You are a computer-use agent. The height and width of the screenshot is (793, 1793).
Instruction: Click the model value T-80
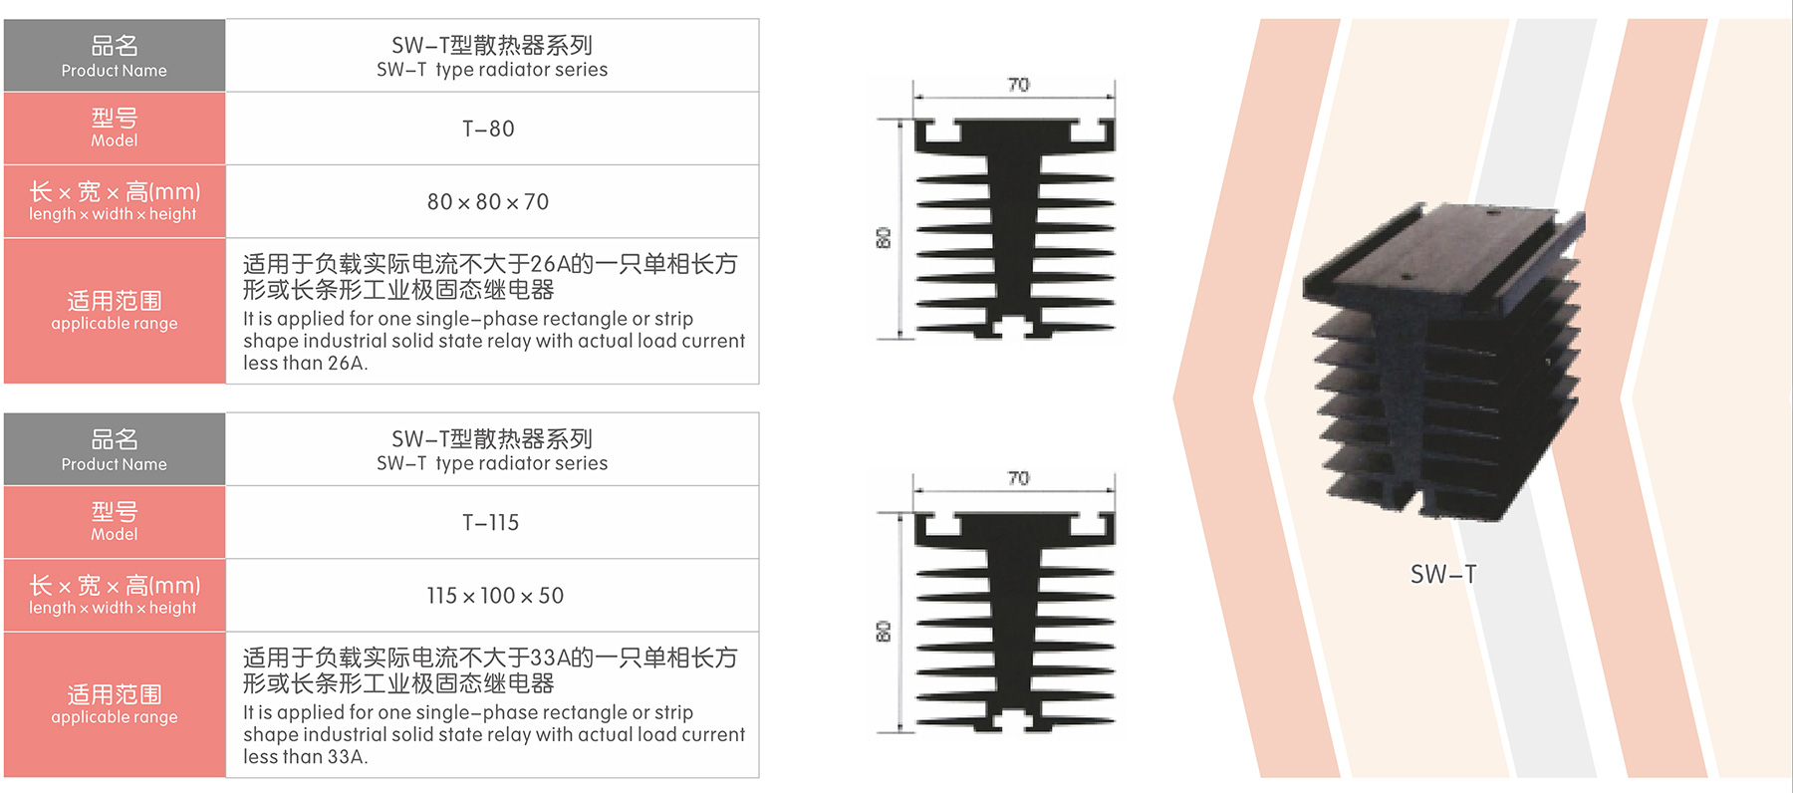click(x=488, y=129)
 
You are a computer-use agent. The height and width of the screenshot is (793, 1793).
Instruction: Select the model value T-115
click(x=490, y=522)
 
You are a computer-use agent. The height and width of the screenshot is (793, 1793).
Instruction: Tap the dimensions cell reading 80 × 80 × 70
click(x=488, y=201)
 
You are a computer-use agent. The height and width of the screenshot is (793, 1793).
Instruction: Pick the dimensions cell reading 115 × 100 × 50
click(x=495, y=595)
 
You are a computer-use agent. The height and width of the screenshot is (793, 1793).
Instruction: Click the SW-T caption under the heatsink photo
click(x=1443, y=574)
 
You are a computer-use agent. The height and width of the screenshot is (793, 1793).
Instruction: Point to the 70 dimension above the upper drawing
click(x=1018, y=85)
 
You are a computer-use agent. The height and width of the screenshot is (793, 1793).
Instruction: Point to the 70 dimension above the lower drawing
click(x=1018, y=478)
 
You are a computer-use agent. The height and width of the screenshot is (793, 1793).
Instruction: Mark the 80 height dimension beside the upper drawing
click(x=884, y=237)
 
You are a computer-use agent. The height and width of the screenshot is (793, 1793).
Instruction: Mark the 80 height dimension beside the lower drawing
click(x=884, y=631)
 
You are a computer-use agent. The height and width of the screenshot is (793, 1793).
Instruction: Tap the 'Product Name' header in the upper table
click(x=115, y=71)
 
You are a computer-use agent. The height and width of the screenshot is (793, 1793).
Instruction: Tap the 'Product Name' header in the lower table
click(x=115, y=464)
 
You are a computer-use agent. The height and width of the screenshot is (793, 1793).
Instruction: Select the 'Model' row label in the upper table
click(x=115, y=140)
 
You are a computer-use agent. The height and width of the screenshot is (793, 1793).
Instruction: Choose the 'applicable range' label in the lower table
click(x=115, y=717)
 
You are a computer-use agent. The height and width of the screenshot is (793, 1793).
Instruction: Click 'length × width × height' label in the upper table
click(x=113, y=214)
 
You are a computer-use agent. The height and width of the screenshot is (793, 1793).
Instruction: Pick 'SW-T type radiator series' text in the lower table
click(x=492, y=463)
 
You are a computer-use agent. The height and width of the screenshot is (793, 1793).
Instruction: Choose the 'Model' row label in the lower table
click(x=115, y=534)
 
